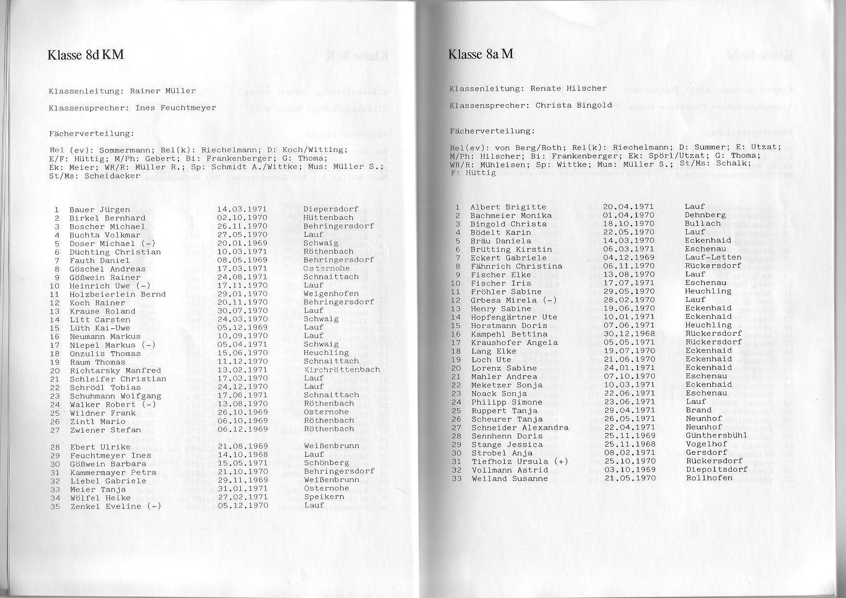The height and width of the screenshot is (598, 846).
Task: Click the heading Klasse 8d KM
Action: tap(85, 54)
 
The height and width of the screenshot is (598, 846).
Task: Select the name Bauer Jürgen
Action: tap(99, 210)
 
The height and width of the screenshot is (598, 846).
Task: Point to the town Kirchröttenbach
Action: tap(341, 370)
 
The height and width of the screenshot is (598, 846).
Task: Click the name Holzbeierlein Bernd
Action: tap(117, 294)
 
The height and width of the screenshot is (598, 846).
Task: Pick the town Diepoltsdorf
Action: tap(716, 469)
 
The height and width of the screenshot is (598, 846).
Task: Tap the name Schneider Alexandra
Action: tap(520, 428)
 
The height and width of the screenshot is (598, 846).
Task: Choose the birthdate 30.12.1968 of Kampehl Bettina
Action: tap(629, 334)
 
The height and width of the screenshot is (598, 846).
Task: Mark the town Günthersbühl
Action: tap(716, 435)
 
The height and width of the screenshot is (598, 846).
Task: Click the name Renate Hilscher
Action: tap(569, 88)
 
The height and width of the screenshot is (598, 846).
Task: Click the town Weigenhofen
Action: tap(331, 294)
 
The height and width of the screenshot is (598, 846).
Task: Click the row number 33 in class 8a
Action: tap(457, 479)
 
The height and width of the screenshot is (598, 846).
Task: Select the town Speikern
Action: tap(324, 496)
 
